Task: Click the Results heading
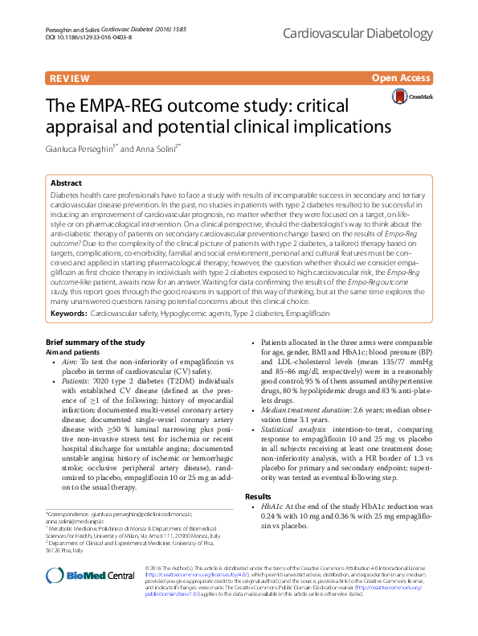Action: tap(258, 497)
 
